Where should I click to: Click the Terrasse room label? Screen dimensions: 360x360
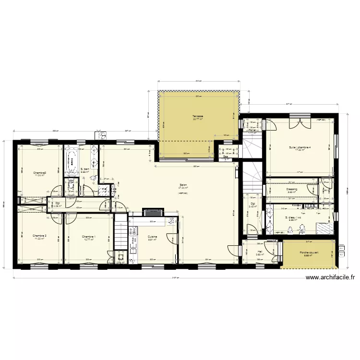click(x=198, y=116)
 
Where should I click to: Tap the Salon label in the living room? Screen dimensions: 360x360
click(x=183, y=185)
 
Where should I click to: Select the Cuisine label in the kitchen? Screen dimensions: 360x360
click(x=152, y=236)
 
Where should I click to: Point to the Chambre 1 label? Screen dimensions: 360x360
click(x=88, y=236)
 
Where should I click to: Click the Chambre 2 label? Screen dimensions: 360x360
click(x=39, y=236)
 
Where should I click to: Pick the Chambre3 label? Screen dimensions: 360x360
click(x=39, y=173)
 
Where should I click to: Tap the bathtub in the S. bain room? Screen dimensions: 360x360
click(x=72, y=161)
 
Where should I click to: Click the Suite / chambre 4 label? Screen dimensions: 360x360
click(x=300, y=147)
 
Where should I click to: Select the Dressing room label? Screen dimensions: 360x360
click(x=292, y=189)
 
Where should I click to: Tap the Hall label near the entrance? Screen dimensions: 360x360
click(x=260, y=252)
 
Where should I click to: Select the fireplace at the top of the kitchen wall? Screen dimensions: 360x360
click(x=153, y=211)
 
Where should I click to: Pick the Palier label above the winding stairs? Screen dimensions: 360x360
click(x=252, y=130)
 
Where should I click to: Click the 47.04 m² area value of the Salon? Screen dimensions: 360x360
click(x=183, y=188)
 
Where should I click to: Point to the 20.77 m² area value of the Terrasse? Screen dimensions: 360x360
click(x=198, y=120)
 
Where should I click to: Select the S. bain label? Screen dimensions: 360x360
click(x=85, y=169)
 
